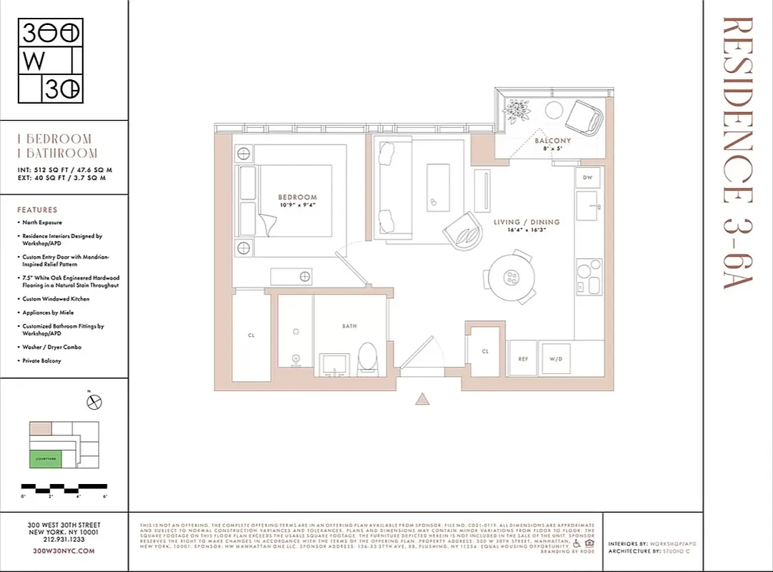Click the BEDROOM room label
[297, 197]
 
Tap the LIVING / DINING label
[527, 222]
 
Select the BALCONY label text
[553, 141]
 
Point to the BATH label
[349, 326]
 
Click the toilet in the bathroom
[368, 357]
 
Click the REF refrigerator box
[522, 359]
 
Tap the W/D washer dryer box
[557, 359]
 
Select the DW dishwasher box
[587, 177]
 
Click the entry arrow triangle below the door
[423, 400]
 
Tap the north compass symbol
[94, 403]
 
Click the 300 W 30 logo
[50, 61]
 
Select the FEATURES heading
[37, 210]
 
